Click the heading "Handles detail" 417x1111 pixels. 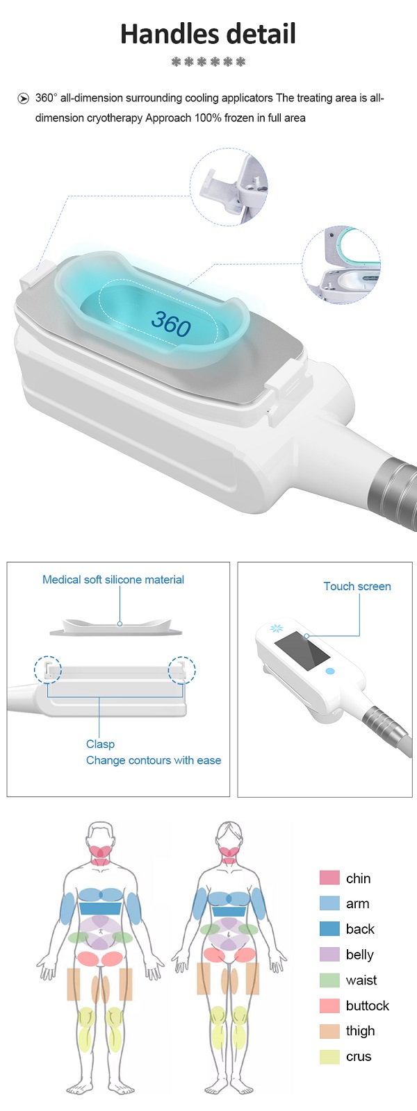(208, 34)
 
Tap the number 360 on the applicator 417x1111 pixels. (171, 323)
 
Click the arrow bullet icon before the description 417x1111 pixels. (24, 98)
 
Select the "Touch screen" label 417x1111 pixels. (357, 586)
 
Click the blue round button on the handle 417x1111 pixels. (330, 671)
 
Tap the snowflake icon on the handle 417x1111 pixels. (277, 628)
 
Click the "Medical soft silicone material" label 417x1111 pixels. (113, 579)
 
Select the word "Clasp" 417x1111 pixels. (100, 744)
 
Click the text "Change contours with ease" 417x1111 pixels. (154, 760)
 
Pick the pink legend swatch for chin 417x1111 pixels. (329, 878)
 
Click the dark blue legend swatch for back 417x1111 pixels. (329, 928)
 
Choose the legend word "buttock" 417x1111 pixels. (368, 1005)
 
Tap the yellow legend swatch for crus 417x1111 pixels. (329, 1057)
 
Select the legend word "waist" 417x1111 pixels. (361, 980)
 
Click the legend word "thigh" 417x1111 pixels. (361, 1031)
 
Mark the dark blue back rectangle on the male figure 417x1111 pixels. (100, 909)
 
